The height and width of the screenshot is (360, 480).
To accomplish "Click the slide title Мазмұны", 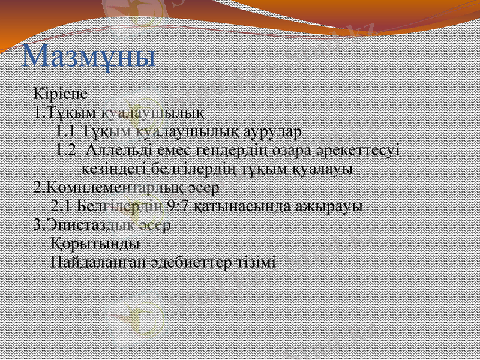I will coord(89,56).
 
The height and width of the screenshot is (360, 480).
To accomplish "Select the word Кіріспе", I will coord(61,94).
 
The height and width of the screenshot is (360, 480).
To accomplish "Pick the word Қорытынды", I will coord(95,244).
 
